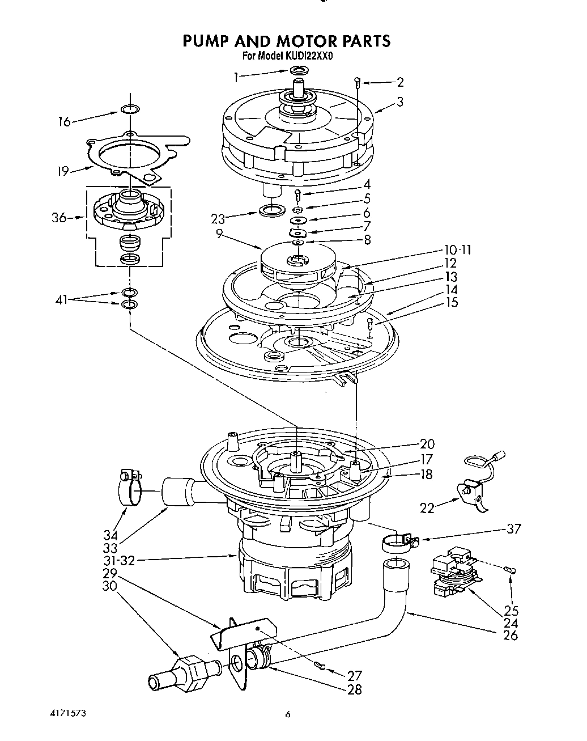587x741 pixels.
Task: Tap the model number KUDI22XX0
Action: coord(308,56)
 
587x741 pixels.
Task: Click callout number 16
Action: coord(65,121)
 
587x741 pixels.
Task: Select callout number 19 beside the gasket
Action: coord(62,171)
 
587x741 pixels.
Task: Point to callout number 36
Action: coord(59,218)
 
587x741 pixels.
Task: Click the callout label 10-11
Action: coord(458,250)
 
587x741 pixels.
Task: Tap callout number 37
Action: coord(513,529)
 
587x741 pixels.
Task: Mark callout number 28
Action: coord(354,689)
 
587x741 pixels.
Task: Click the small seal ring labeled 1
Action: coord(298,70)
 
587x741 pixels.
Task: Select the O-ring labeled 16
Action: coord(130,109)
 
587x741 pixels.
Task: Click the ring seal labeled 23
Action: coord(273,211)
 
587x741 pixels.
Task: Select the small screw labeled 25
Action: coord(511,570)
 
